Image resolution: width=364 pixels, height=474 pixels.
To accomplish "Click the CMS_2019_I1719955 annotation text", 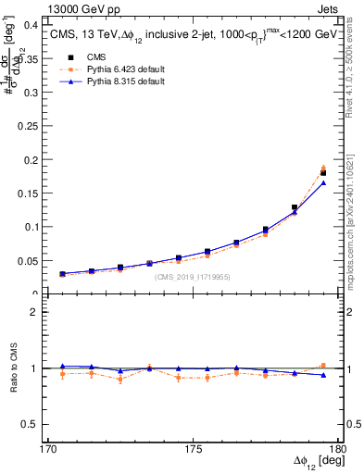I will click(x=193, y=277).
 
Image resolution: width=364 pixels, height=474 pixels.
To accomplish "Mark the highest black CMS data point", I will click(x=323, y=173).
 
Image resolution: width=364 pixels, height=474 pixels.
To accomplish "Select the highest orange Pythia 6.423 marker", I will click(x=323, y=168).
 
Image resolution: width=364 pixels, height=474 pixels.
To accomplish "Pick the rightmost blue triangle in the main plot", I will click(x=323, y=182).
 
